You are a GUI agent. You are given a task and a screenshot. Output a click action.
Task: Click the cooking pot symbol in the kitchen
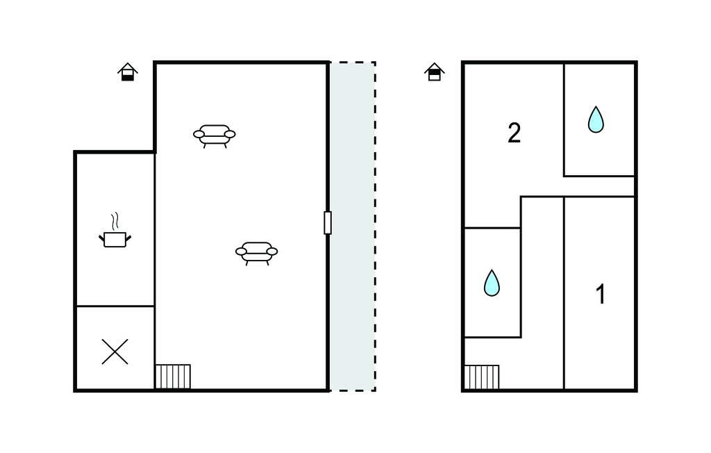(x=115, y=239)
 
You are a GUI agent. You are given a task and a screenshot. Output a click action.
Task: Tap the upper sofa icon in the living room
(x=215, y=135)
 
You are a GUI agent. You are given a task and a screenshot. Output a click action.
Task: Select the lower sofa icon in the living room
(x=257, y=253)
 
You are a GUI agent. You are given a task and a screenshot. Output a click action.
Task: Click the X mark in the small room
(x=115, y=352)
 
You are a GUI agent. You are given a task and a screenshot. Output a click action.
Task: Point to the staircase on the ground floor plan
(x=173, y=377)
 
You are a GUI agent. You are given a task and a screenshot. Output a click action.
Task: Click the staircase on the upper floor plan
(x=482, y=377)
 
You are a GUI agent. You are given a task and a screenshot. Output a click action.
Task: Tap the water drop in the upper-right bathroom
(x=596, y=120)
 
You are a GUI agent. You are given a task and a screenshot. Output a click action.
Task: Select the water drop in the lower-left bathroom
(x=492, y=283)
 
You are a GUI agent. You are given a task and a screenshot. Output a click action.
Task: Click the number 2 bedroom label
(x=515, y=133)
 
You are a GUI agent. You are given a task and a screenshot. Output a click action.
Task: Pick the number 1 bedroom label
(x=601, y=294)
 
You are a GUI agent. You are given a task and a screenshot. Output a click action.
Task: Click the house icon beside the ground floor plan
(x=128, y=72)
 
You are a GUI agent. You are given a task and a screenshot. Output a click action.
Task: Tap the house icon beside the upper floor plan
(x=435, y=72)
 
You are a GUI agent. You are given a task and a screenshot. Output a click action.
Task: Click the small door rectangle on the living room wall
(x=328, y=223)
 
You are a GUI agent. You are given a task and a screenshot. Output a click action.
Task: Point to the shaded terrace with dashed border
(x=352, y=226)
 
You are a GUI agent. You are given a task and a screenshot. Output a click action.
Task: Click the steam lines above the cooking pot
(x=116, y=221)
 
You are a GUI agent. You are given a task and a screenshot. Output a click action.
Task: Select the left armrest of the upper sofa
(x=199, y=134)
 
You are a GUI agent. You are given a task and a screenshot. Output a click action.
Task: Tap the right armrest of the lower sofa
(x=272, y=252)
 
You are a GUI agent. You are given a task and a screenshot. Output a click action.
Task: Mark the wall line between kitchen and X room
(x=115, y=306)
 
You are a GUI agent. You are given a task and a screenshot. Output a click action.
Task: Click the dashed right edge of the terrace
(x=375, y=226)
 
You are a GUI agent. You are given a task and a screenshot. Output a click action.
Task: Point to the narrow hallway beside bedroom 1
(x=542, y=293)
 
